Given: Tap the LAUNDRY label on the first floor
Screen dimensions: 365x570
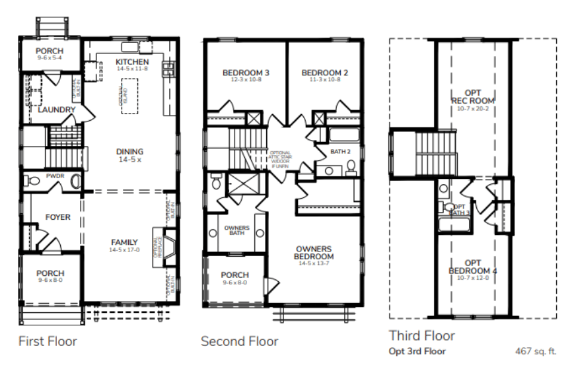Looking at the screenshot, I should (x=57, y=110).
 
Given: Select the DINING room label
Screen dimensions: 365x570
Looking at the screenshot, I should (x=129, y=152).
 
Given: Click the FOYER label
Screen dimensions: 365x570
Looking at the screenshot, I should (x=57, y=217).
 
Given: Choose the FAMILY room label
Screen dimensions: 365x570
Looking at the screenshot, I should (x=124, y=242).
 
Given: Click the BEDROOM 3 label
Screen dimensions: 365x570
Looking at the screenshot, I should (x=245, y=73).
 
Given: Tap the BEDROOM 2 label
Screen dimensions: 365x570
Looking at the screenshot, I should (x=324, y=73).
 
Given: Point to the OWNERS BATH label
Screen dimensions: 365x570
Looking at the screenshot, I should (x=235, y=230).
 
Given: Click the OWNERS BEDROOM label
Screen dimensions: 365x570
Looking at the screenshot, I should (x=314, y=253).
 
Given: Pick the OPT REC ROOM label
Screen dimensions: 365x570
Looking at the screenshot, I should (x=473, y=96).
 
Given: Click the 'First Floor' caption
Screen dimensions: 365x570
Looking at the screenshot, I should (x=48, y=341).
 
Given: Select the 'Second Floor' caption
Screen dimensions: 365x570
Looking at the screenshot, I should (x=239, y=341).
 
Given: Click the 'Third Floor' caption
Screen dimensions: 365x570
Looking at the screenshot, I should (x=421, y=335).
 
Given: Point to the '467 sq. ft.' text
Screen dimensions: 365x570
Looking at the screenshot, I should (x=536, y=352).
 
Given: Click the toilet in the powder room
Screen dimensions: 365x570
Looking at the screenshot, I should (x=75, y=180).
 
